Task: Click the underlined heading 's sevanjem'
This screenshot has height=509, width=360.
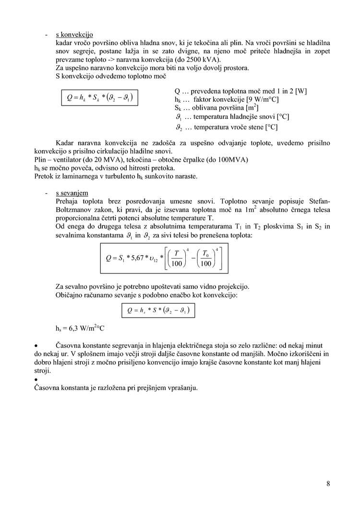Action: (72, 192)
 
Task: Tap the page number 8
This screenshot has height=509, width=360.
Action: (328, 483)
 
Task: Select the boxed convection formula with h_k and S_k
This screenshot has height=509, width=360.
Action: (99, 98)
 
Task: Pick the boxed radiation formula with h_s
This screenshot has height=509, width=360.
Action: (158, 311)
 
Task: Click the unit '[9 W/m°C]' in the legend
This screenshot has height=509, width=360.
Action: (263, 99)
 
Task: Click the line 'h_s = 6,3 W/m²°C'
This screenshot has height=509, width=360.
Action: (80, 329)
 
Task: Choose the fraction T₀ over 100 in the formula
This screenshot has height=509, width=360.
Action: (206, 258)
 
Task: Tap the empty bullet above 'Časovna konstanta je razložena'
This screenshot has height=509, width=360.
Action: (36, 379)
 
